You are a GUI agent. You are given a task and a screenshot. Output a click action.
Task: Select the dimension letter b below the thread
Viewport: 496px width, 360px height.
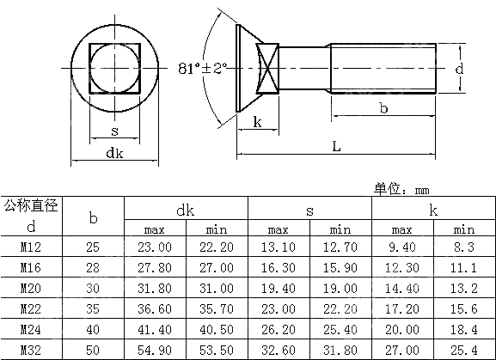click(x=383, y=107)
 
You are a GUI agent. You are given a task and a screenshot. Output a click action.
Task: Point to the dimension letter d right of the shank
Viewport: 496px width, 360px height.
click(x=461, y=68)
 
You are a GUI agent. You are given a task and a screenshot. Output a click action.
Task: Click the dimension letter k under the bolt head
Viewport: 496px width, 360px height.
click(x=257, y=121)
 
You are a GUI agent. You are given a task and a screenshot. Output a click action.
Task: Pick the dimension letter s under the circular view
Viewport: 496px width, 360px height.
click(x=114, y=131)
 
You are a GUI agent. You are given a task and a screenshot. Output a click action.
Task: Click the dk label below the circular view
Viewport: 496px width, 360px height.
click(x=114, y=153)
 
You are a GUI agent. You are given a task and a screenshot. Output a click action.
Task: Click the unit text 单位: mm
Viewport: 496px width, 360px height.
click(x=401, y=189)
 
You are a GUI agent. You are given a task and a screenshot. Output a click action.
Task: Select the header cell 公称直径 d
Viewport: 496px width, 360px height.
click(x=32, y=217)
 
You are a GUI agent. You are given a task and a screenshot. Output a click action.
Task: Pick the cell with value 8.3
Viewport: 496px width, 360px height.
click(x=463, y=247)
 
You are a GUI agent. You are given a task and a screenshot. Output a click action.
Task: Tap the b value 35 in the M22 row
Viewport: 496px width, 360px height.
click(x=94, y=309)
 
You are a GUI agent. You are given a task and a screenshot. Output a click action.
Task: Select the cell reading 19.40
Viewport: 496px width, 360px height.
click(x=279, y=289)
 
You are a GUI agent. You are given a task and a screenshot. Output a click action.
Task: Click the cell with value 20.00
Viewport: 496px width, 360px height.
click(x=402, y=330)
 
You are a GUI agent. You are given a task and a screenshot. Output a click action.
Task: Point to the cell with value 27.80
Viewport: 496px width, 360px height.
click(x=155, y=267)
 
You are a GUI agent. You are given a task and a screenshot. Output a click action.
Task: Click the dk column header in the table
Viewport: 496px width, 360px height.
click(x=186, y=209)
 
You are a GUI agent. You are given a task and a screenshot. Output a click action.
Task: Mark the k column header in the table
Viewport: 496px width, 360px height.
click(x=433, y=209)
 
